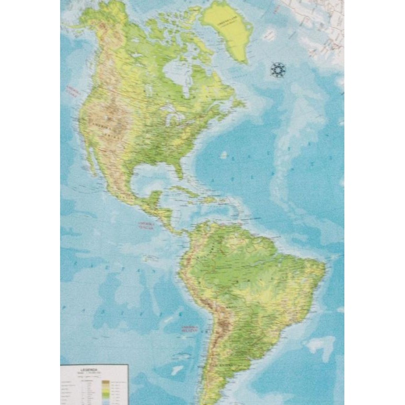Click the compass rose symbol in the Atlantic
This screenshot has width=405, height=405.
[x=277, y=70]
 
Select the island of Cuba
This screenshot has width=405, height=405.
[x=187, y=190]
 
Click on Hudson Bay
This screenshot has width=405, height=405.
[x=175, y=73]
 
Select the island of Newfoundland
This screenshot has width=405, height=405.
[x=238, y=101]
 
